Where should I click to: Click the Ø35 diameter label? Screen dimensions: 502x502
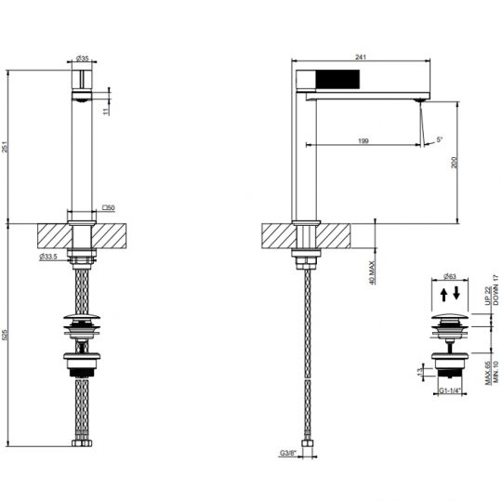point(83,59)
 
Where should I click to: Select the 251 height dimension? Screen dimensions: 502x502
point(7,146)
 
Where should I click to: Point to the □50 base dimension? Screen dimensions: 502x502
point(108,207)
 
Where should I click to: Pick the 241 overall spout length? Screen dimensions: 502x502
point(362,57)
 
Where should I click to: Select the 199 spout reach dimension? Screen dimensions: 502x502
point(362,140)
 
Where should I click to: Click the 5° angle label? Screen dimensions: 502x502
point(440,140)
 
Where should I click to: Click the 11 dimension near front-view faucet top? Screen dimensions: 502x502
point(107,109)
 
